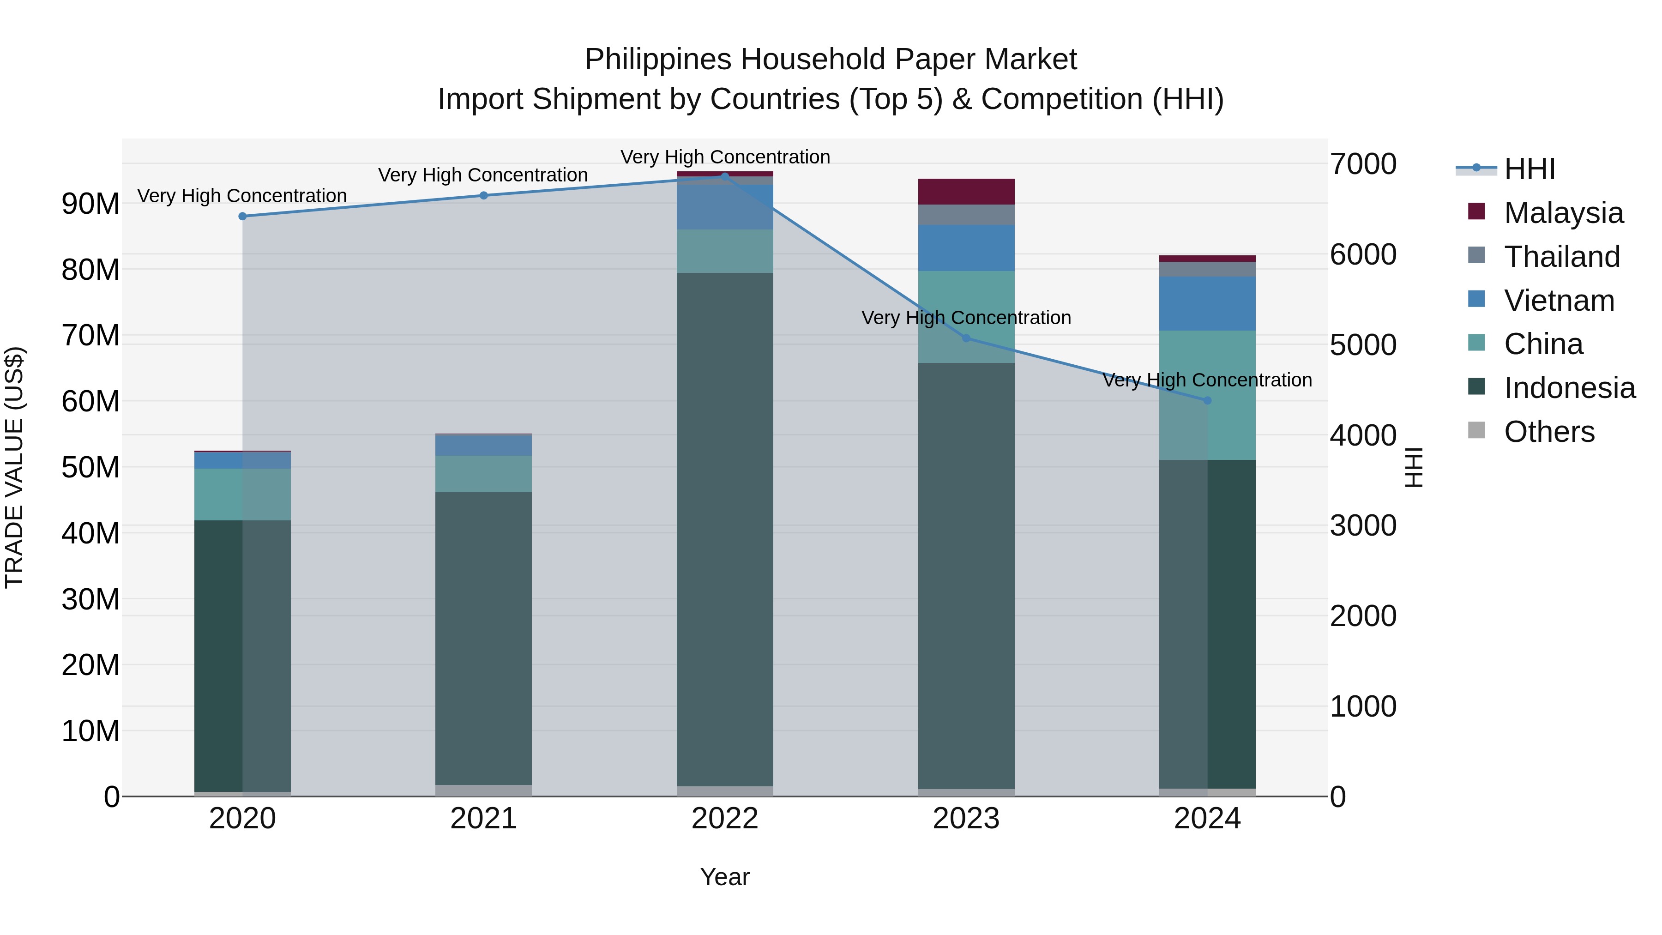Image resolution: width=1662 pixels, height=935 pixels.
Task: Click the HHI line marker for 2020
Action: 242,216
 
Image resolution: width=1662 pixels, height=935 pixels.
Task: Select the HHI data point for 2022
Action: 724,176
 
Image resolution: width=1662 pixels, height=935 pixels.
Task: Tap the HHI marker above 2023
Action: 966,338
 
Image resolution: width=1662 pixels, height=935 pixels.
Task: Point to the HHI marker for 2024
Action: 1208,401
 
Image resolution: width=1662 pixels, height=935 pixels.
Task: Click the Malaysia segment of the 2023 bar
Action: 966,192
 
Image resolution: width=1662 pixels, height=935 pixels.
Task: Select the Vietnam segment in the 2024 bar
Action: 1207,303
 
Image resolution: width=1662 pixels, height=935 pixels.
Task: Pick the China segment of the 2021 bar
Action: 483,474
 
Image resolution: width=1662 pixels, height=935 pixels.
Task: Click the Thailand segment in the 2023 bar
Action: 966,214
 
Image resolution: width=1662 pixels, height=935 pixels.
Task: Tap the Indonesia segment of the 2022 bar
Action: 724,529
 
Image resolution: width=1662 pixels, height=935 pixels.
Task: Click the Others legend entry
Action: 1549,432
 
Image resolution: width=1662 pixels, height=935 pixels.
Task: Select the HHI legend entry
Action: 1529,169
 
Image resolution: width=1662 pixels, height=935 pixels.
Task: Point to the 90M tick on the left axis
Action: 90,204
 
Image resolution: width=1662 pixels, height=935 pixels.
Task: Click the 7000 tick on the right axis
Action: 1363,164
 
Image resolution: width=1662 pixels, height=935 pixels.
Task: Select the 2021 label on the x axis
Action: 483,819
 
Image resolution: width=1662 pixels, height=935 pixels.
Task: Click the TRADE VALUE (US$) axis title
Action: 15,467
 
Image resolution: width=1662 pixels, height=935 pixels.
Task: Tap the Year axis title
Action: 724,877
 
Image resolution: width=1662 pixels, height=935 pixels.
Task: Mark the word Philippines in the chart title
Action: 657,60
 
